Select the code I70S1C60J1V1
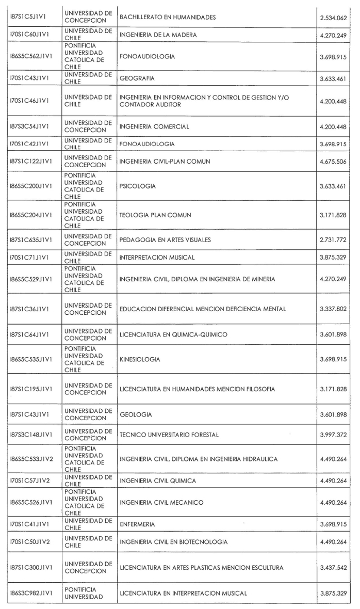28,35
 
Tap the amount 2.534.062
333,18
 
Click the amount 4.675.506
333,162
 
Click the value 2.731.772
333,240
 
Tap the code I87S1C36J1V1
28,309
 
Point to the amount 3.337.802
333,309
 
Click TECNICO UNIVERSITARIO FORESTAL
169,435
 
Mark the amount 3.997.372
333,435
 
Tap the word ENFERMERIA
137,524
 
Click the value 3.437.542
333,568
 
